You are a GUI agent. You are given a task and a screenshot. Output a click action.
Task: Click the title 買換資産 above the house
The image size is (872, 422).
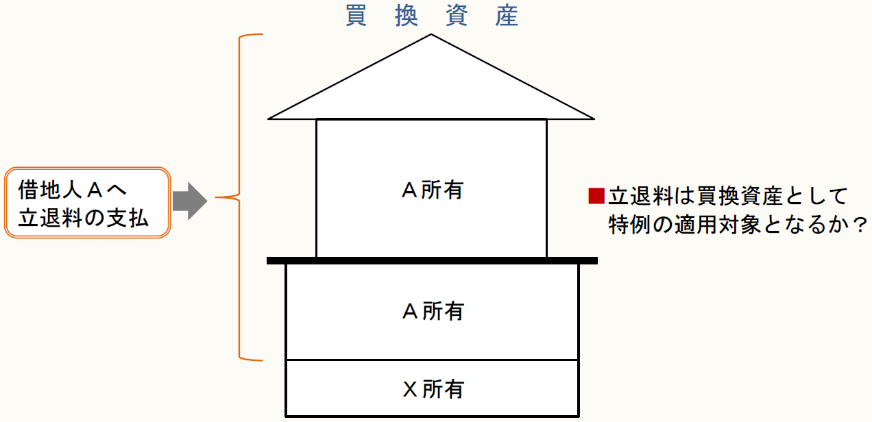(x=432, y=16)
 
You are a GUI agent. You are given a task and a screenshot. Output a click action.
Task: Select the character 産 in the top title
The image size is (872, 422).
(x=507, y=16)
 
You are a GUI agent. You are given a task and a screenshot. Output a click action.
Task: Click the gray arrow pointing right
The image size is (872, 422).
(x=189, y=199)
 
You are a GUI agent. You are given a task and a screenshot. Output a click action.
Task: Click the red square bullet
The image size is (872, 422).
(x=596, y=197)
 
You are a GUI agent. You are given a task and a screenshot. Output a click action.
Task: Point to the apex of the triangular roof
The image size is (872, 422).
(x=431, y=35)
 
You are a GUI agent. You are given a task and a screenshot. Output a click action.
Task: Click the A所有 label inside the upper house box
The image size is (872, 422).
(x=432, y=190)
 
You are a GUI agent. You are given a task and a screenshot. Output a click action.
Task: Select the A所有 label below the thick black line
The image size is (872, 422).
(x=432, y=312)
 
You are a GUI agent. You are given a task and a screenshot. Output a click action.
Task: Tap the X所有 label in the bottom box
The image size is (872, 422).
(x=432, y=389)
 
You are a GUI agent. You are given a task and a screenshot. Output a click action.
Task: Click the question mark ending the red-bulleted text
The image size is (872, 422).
(x=858, y=225)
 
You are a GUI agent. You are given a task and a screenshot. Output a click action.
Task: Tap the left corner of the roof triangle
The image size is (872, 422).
(x=269, y=119)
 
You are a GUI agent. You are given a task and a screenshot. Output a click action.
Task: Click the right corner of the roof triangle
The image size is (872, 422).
(x=593, y=119)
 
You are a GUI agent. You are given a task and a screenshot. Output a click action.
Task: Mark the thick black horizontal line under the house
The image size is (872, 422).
(x=432, y=260)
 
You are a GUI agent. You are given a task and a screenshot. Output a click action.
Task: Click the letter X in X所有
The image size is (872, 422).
(x=409, y=389)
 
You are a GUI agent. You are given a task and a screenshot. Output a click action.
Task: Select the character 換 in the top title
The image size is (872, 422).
(x=407, y=16)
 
